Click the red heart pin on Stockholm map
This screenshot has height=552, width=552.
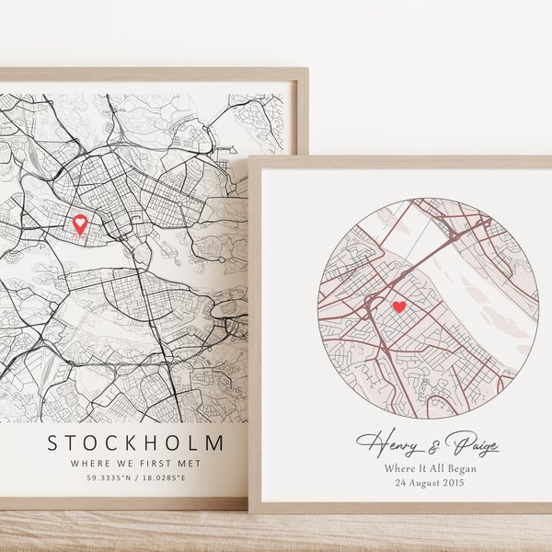pos(80,223)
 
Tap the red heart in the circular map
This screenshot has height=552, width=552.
pos(398,306)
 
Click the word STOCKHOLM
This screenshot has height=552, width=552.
pos(134,444)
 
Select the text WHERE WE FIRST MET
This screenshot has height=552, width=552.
pos(134,465)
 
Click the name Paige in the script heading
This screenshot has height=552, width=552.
pos(469,445)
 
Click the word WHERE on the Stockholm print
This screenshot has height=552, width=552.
pos(88,465)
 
